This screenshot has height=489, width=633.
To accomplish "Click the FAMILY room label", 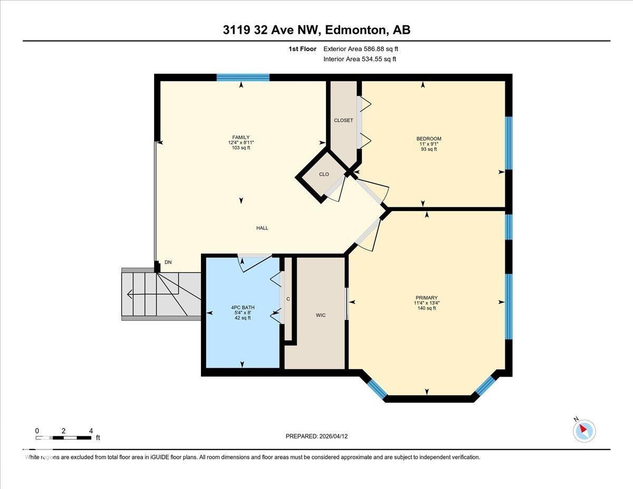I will point(241,138).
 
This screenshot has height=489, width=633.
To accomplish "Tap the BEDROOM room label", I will point(428,139).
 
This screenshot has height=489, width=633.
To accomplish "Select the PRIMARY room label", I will point(426,298).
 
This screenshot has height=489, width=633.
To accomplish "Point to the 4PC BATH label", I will point(243,307).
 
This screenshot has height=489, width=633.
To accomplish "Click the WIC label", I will point(320,315).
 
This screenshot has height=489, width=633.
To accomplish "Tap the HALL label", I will point(262,228).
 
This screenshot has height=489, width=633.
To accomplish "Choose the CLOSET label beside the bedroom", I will point(343,120).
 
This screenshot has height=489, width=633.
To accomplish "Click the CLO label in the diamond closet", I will point(324,174).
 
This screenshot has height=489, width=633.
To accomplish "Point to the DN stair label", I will point(168,262).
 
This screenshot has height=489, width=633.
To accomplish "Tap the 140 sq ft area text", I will point(426,308).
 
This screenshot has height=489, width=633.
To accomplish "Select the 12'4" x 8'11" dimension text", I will point(241,143).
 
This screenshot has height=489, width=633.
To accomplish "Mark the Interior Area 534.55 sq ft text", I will point(360,59).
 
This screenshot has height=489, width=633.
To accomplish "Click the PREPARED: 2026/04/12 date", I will point(317,436).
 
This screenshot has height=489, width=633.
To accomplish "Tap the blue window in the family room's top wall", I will point(243,78).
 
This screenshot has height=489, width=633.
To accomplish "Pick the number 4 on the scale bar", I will point(91,431).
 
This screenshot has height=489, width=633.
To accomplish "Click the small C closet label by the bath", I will point(288,299).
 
